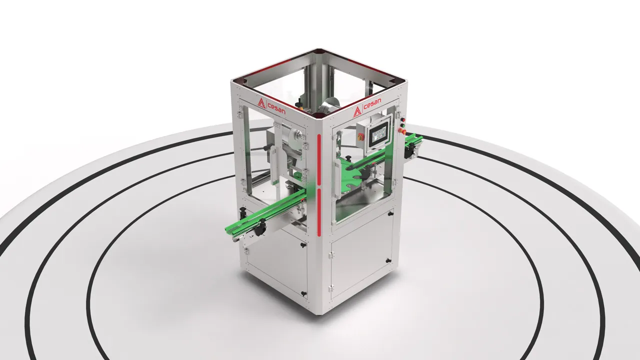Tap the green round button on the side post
[403, 125]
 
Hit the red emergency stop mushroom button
[403, 131]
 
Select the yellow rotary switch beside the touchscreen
[360, 137]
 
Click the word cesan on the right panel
[372, 104]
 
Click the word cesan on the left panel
[276, 109]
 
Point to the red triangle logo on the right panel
[356, 111]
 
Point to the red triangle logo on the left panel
[261, 103]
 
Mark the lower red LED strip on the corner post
[319, 212]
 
